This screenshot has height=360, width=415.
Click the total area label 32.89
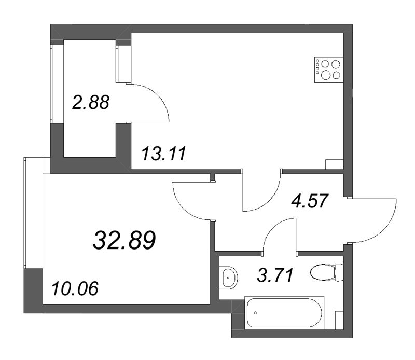125,241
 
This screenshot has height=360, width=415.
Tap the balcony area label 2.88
91,102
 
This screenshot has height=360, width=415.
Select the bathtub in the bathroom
284,311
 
